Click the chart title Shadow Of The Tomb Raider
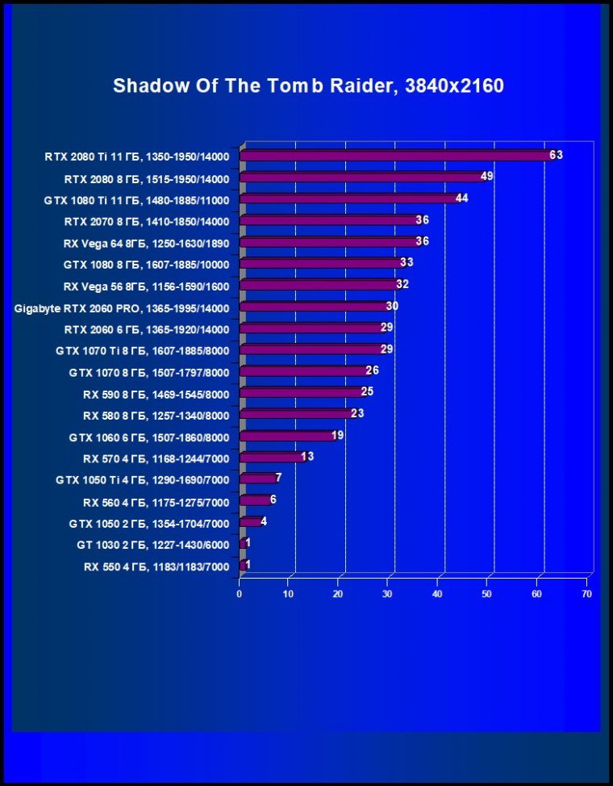pyautogui.click(x=308, y=86)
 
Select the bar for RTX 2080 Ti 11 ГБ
pyautogui.click(x=395, y=156)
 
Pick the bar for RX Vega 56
pyautogui.click(x=318, y=285)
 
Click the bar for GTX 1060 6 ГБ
pyautogui.click(x=286, y=437)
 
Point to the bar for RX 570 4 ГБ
pyautogui.click(x=271, y=458)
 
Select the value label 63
pyautogui.click(x=556, y=155)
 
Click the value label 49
pyautogui.click(x=486, y=176)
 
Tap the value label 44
pyautogui.click(x=462, y=198)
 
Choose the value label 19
pyautogui.click(x=338, y=436)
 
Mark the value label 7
pyautogui.click(x=278, y=479)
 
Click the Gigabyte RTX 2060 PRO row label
pyautogui.click(x=122, y=308)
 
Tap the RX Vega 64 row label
pyautogui.click(x=146, y=243)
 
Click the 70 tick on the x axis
pyautogui.click(x=586, y=593)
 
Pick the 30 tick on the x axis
pyautogui.click(x=388, y=593)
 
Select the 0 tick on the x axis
pyautogui.click(x=240, y=593)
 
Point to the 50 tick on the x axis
pyautogui.click(x=487, y=593)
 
